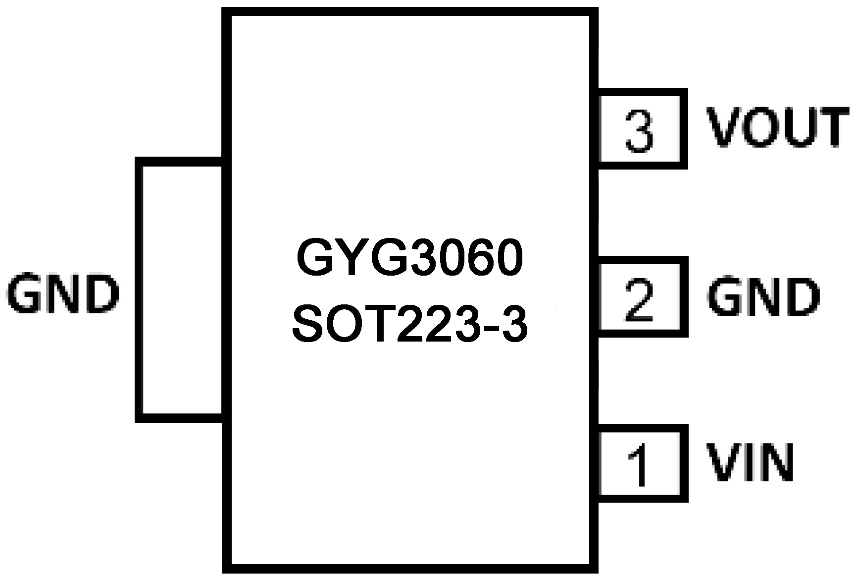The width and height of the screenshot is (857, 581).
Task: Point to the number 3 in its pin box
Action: point(640,130)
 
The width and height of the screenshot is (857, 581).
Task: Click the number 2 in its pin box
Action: point(640,299)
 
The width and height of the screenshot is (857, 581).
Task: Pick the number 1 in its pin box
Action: point(639,466)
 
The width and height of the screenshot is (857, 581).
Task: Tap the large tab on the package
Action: point(181,290)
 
